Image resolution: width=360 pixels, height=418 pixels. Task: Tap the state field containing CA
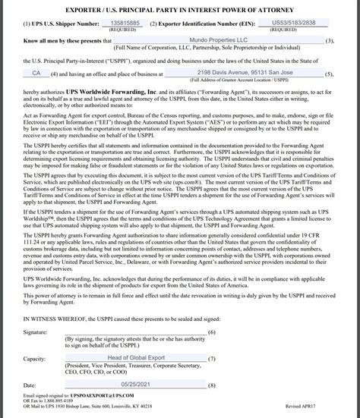(x=36, y=73)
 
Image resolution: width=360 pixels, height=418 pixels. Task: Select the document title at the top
(x=180, y=8)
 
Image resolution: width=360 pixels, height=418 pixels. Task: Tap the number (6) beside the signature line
(x=212, y=333)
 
